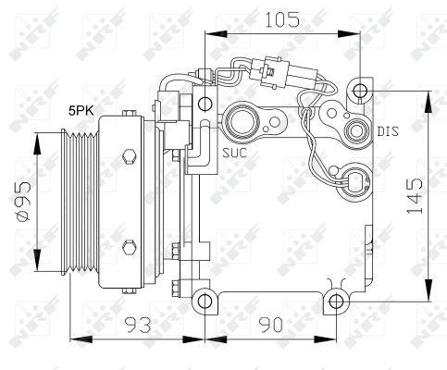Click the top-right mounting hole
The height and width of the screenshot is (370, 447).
tap(360, 90)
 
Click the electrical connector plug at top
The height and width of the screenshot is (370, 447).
tap(269, 68)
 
